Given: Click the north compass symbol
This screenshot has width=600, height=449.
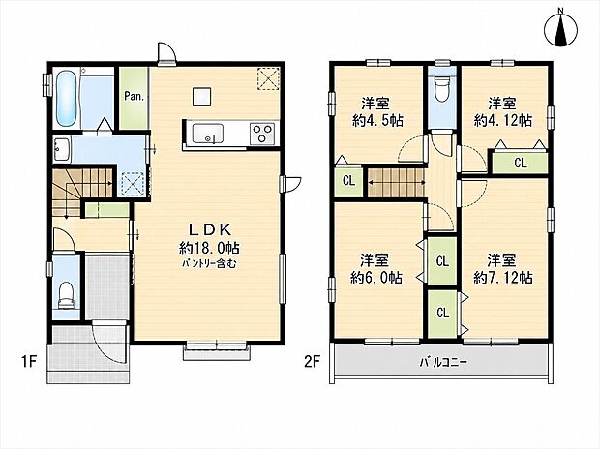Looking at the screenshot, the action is click(561, 28).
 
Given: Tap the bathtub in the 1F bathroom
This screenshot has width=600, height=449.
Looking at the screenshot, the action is click(66, 99).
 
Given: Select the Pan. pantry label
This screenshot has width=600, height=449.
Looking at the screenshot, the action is click(134, 96).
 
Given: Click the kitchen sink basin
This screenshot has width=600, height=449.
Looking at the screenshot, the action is click(208, 134).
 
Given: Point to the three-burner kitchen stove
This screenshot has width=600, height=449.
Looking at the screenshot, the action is click(262, 134).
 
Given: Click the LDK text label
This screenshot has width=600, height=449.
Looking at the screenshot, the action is click(210, 229).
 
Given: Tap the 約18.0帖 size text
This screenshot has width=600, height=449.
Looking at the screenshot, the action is click(209, 249).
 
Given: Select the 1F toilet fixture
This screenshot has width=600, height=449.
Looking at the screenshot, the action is click(66, 295).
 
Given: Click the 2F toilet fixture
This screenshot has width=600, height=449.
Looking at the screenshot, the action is click(442, 90).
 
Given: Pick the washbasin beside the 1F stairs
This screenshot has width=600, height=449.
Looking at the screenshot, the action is click(61, 149).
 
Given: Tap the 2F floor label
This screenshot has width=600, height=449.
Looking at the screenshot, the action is click(313, 361).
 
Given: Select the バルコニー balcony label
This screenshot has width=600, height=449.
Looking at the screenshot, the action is click(443, 362).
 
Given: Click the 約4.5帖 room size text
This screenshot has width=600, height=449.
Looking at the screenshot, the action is click(377, 121).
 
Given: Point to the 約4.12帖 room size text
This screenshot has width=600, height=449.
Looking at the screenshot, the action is click(503, 121).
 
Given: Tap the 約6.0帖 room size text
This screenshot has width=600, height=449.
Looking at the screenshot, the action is click(376, 279).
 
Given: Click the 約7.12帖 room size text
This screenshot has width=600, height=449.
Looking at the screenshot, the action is click(503, 279).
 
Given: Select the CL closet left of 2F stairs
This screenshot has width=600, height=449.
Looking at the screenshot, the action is click(348, 181).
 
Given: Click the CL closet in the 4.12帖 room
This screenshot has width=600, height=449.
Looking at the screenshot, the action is click(520, 164).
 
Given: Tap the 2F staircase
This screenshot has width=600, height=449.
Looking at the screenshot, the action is click(397, 183).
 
